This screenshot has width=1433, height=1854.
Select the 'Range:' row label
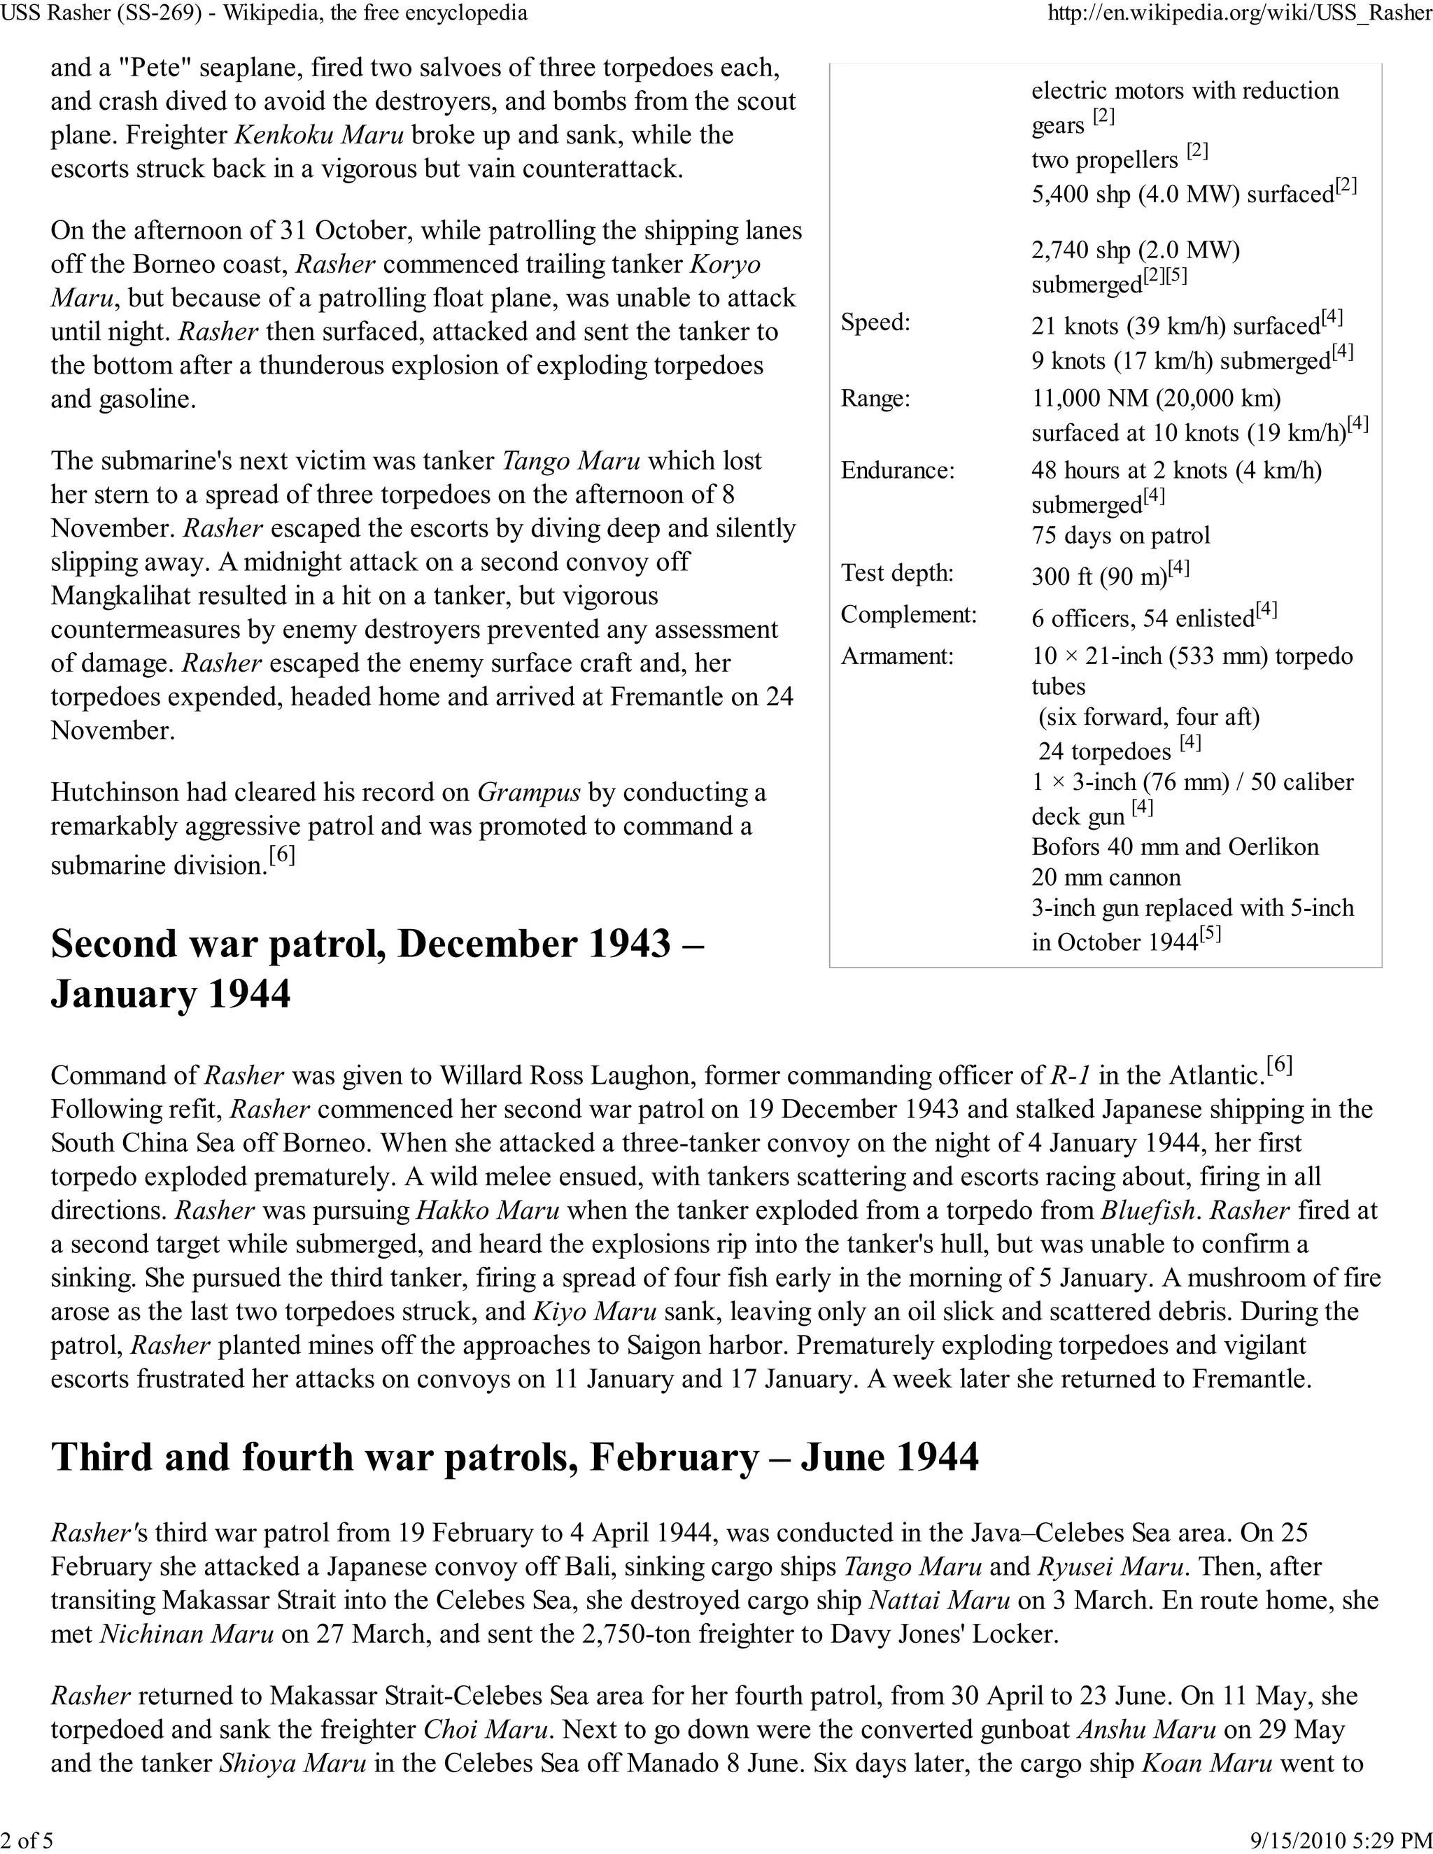click(x=875, y=398)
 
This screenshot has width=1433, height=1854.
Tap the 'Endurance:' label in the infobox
click(x=897, y=470)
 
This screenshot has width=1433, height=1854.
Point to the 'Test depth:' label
click(x=897, y=573)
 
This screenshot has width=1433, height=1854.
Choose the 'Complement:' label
click(x=908, y=614)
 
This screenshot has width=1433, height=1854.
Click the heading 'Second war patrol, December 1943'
click(x=377, y=944)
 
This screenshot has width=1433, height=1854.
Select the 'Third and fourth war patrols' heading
click(x=514, y=1480)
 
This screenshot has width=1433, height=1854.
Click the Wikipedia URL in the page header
click(x=1239, y=13)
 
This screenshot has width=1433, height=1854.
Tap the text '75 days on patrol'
click(x=1121, y=536)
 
